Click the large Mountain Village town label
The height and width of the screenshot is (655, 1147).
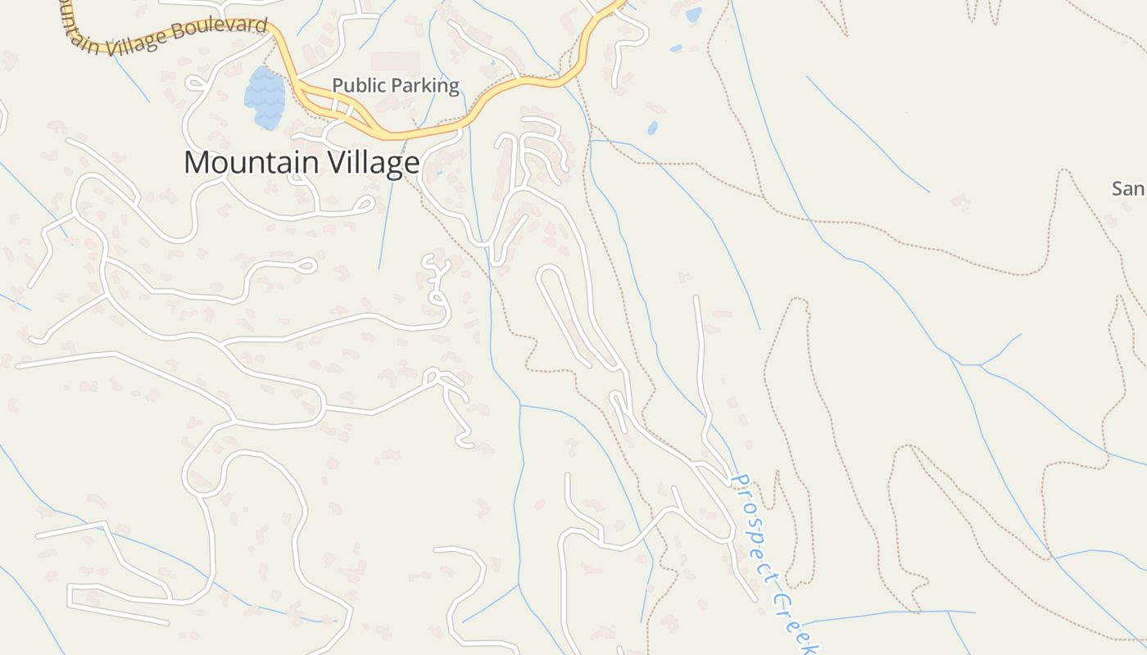click(x=301, y=163)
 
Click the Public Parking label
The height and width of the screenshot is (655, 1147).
click(x=396, y=86)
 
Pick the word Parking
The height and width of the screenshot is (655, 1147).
click(x=427, y=86)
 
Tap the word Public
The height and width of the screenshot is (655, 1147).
click(x=360, y=86)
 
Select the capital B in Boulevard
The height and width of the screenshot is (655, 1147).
click(x=201, y=34)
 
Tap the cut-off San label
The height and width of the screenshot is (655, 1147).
click(x=1129, y=189)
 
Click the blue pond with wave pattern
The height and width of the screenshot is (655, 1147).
click(x=265, y=97)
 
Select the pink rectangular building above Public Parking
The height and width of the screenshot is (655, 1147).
click(x=396, y=63)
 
